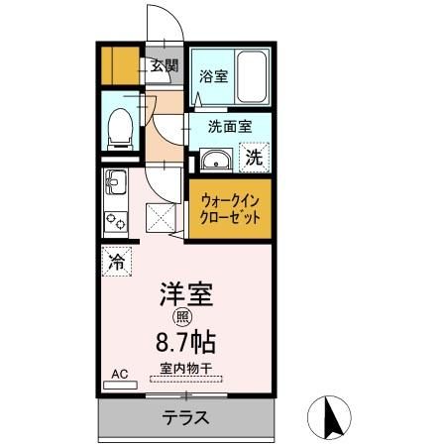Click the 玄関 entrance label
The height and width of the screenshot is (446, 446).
click(165, 66)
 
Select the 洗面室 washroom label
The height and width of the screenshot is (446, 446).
click(229, 127)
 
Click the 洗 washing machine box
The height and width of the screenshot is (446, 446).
click(254, 157)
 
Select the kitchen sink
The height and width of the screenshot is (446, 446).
click(113, 184)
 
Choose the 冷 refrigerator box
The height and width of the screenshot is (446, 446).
click(116, 263)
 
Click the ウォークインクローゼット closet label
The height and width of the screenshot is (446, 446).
click(229, 206)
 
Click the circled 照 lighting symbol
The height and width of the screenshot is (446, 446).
click(183, 317)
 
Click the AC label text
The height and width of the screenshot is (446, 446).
click(119, 374)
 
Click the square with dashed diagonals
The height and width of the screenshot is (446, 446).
click(161, 216)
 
